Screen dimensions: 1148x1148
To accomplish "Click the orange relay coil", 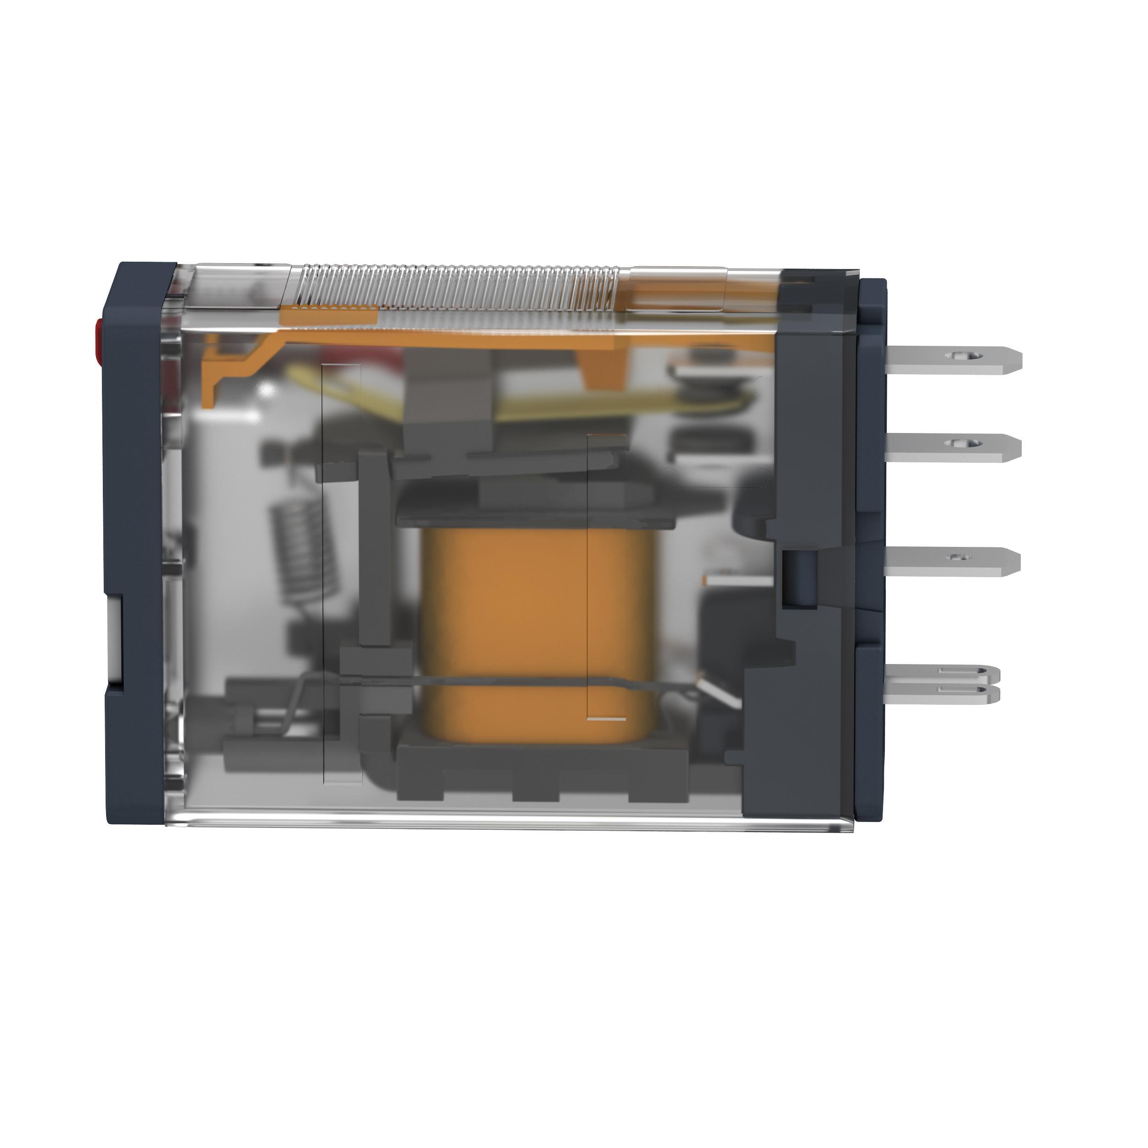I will (x=538, y=630).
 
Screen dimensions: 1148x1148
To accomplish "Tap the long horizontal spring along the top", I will (x=451, y=288).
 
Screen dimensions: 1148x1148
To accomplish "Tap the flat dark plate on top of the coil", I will (x=535, y=505).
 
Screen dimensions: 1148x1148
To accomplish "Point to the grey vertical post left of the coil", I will (x=373, y=546).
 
